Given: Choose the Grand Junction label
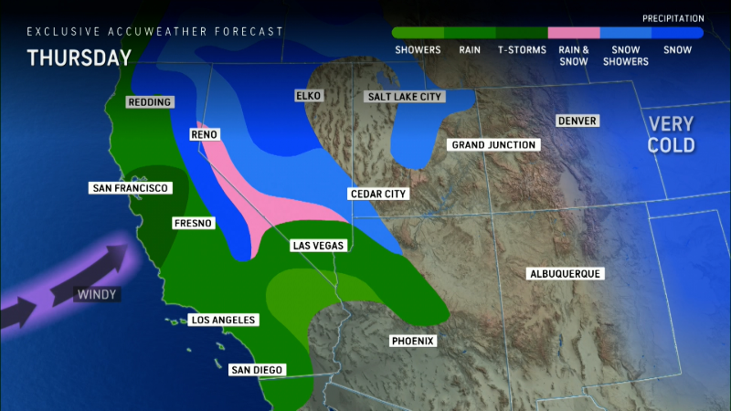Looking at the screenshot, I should click(493, 145).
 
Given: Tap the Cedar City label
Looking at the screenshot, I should click(378, 195).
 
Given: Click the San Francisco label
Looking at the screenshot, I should click(131, 188).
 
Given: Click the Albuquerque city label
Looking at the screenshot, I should click(567, 274).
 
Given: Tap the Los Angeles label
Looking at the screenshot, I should click(222, 321).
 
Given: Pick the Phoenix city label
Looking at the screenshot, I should click(412, 342).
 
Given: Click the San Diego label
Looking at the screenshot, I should click(257, 370).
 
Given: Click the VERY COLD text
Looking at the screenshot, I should click(672, 134).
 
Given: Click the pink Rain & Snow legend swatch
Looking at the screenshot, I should click(573, 32).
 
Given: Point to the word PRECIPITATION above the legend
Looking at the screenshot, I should click(673, 18).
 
